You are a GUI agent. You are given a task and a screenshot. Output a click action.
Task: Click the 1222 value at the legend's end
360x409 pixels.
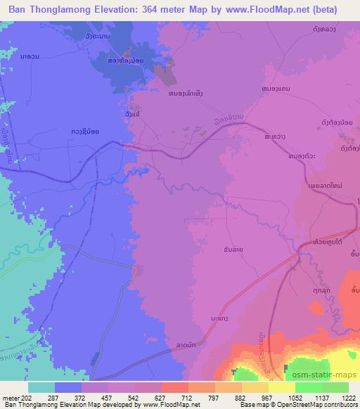349,397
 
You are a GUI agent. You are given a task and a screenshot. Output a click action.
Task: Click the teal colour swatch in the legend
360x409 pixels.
41,387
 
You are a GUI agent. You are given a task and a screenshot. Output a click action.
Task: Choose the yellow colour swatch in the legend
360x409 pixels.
281,387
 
